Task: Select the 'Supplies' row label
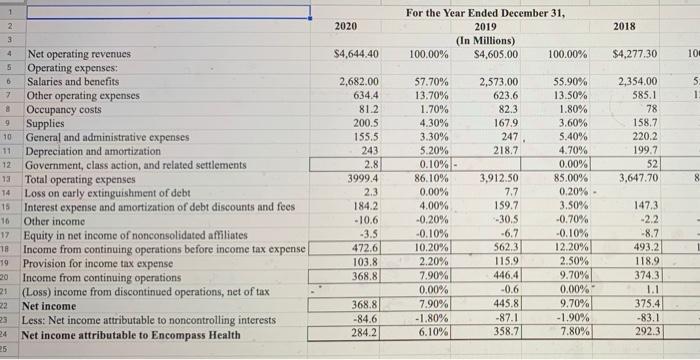[53, 124]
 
